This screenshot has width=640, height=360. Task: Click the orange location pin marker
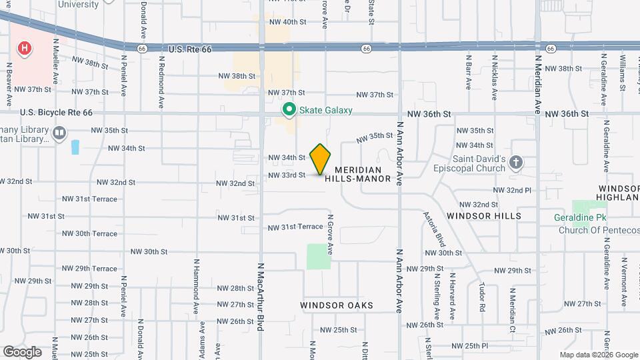321,159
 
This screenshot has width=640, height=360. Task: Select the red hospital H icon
25,48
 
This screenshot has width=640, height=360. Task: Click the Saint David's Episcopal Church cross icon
515,163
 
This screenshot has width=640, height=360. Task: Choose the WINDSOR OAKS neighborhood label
336,305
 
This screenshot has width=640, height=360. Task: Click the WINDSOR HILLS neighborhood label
484,216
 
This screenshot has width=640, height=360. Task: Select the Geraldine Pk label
578,217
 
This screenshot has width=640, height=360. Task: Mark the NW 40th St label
287,22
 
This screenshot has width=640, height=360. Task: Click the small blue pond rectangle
75,147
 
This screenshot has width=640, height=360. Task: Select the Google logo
23,351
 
